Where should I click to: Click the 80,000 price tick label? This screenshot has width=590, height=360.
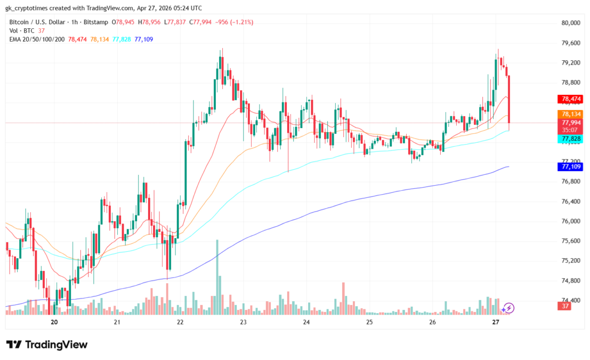(570, 23)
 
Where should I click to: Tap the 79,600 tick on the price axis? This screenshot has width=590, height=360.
(570, 43)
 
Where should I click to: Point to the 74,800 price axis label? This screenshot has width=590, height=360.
(570, 281)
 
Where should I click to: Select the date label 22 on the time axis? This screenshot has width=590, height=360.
(180, 322)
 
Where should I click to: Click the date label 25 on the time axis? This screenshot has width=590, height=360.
(369, 322)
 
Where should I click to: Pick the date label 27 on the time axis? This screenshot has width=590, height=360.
(496, 322)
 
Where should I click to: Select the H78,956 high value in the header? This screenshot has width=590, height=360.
(150, 22)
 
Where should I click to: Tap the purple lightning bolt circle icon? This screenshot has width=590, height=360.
(508, 308)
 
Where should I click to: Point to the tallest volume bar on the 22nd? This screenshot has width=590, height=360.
(217, 277)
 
